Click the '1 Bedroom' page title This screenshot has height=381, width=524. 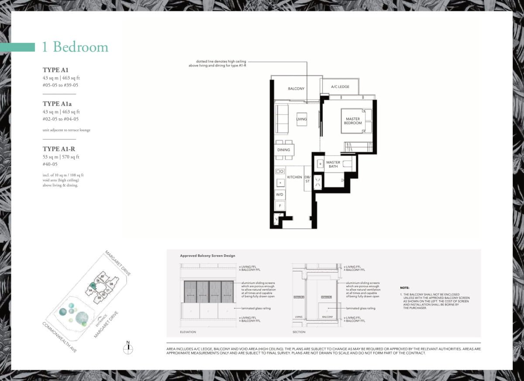(75, 47)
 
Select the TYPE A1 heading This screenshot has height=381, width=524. (55, 70)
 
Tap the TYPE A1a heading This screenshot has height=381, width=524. (57, 104)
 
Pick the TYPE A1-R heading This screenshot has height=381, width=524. (59, 149)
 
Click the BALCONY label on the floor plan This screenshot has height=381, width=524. (296, 89)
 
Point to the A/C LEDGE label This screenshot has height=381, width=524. (340, 87)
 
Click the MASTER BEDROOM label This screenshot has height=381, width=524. (353, 121)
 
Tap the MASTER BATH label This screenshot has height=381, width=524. (333, 164)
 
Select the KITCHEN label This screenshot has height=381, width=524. (294, 177)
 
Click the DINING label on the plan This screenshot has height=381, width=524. (283, 150)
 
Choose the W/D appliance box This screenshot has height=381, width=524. (280, 194)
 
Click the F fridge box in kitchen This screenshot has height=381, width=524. (280, 205)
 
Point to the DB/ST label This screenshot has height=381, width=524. (307, 179)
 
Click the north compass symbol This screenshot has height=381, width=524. (128, 348)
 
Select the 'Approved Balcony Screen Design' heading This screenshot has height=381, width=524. (207, 256)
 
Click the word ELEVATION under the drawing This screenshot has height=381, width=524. (188, 332)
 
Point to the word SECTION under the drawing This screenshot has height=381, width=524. (299, 332)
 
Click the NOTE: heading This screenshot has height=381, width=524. (404, 288)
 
